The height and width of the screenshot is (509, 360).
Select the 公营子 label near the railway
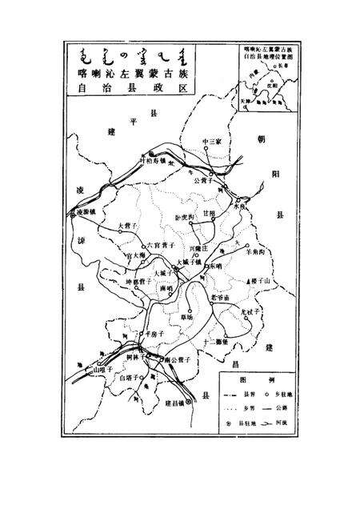pos(206,181)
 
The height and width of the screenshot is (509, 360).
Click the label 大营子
pos(128,226)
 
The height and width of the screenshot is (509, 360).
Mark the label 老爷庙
pos(219,298)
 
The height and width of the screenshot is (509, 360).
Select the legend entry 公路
pos(278,408)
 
